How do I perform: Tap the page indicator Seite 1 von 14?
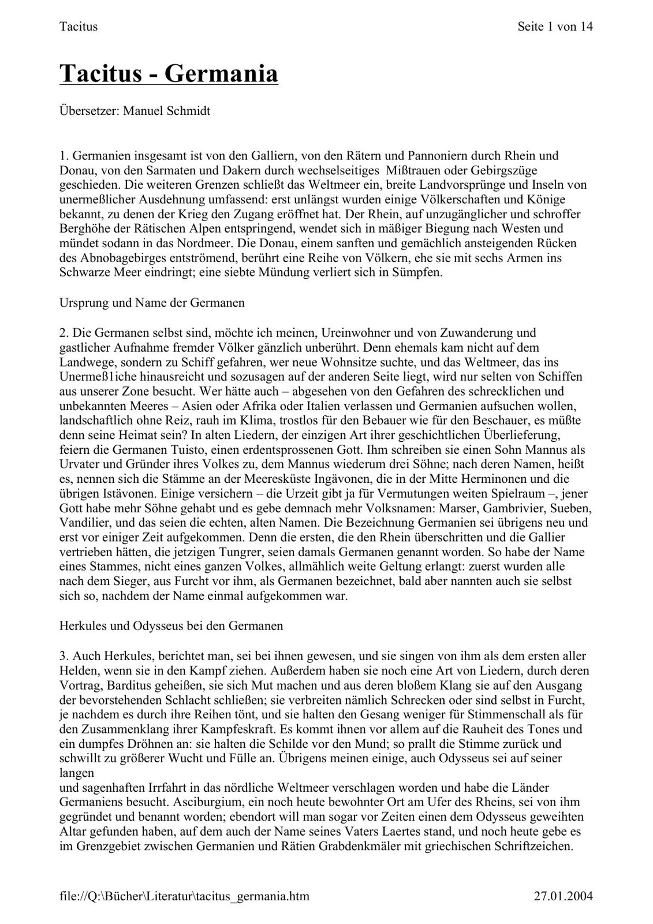[x=555, y=26]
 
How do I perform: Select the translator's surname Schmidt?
[x=188, y=111]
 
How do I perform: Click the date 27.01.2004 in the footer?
[x=563, y=896]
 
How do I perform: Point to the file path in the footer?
[x=184, y=896]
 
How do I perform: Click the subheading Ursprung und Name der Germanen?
[x=152, y=303]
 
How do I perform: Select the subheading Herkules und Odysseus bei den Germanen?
[x=171, y=625]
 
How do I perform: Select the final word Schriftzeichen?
[x=535, y=847]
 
